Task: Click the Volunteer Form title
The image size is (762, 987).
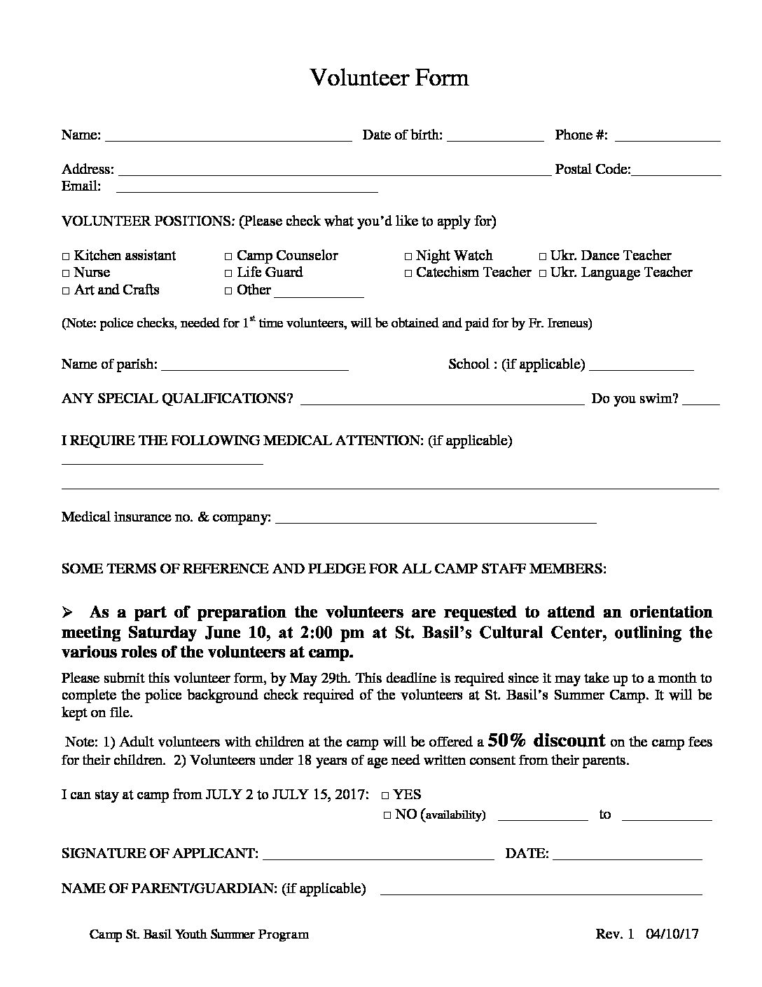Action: coord(389,77)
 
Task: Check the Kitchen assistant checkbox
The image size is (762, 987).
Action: coord(66,257)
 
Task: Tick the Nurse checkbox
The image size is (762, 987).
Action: coord(66,273)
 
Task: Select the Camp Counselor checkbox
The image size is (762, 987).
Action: coord(228,257)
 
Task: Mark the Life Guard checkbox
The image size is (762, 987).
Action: coord(228,273)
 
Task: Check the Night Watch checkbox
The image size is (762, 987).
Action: coord(408,257)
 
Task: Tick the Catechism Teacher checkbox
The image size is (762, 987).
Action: coord(408,273)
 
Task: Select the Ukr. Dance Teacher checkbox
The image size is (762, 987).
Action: coord(543,257)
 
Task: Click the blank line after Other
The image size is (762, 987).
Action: coord(319,294)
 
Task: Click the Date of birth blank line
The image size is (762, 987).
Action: coord(495,139)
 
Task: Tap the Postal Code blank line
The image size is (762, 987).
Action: coord(676,173)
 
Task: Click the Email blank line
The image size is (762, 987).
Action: coord(247,189)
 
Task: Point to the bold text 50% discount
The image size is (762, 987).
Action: coord(546,741)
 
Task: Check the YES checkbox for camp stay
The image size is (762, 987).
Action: coord(386,796)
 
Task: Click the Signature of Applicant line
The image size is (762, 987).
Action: coord(378,857)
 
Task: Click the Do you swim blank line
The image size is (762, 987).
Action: coord(701,402)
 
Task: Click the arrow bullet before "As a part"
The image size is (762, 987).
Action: coord(68,613)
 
